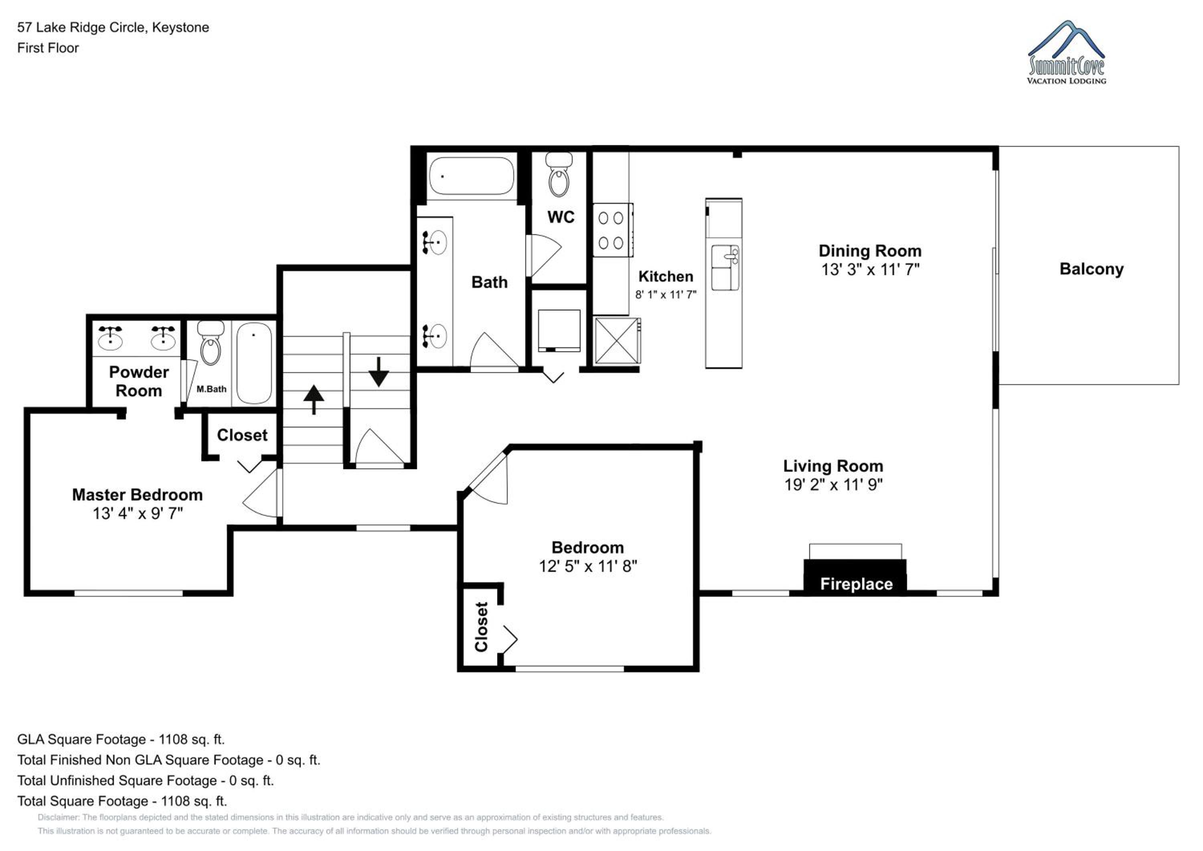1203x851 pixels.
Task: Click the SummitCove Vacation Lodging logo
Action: (x=1066, y=53)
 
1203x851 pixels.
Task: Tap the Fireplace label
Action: (x=856, y=584)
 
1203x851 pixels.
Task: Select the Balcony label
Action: (x=1092, y=269)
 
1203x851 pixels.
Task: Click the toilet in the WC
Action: (x=559, y=174)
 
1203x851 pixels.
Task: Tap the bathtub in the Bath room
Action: (x=472, y=176)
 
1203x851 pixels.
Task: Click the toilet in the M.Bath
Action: (x=211, y=343)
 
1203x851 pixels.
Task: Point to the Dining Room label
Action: (x=870, y=251)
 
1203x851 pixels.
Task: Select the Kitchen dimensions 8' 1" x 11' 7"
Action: (x=665, y=294)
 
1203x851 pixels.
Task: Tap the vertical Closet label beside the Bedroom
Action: (x=481, y=627)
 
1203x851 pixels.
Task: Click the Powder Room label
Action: (x=139, y=381)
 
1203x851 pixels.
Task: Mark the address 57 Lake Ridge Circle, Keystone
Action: (x=113, y=27)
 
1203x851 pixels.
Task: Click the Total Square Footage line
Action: (x=122, y=801)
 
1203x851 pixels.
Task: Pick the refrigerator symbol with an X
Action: (x=617, y=340)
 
